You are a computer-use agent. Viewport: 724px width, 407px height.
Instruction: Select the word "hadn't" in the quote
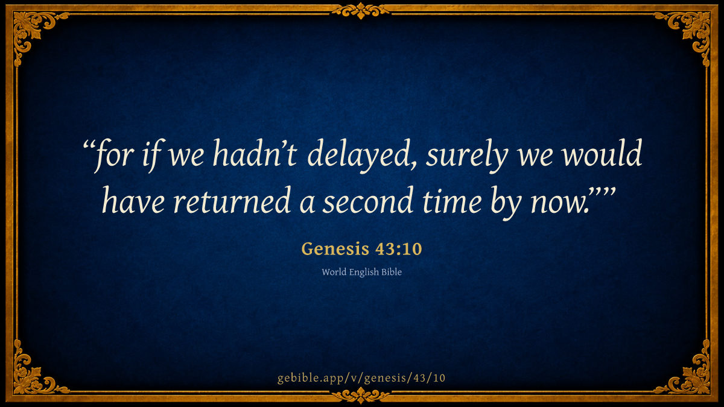255,153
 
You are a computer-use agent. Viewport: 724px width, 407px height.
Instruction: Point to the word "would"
602,153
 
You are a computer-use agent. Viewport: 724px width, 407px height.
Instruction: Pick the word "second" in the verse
368,200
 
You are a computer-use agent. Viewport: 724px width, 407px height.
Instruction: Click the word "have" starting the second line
133,200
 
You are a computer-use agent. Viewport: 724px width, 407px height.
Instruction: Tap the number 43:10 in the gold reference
399,248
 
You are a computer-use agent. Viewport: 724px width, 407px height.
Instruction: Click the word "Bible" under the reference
392,272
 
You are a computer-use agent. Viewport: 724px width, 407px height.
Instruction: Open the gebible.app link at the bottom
361,378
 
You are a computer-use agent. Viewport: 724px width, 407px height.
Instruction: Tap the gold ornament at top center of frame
361,11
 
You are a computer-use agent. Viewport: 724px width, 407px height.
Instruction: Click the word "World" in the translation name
334,272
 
